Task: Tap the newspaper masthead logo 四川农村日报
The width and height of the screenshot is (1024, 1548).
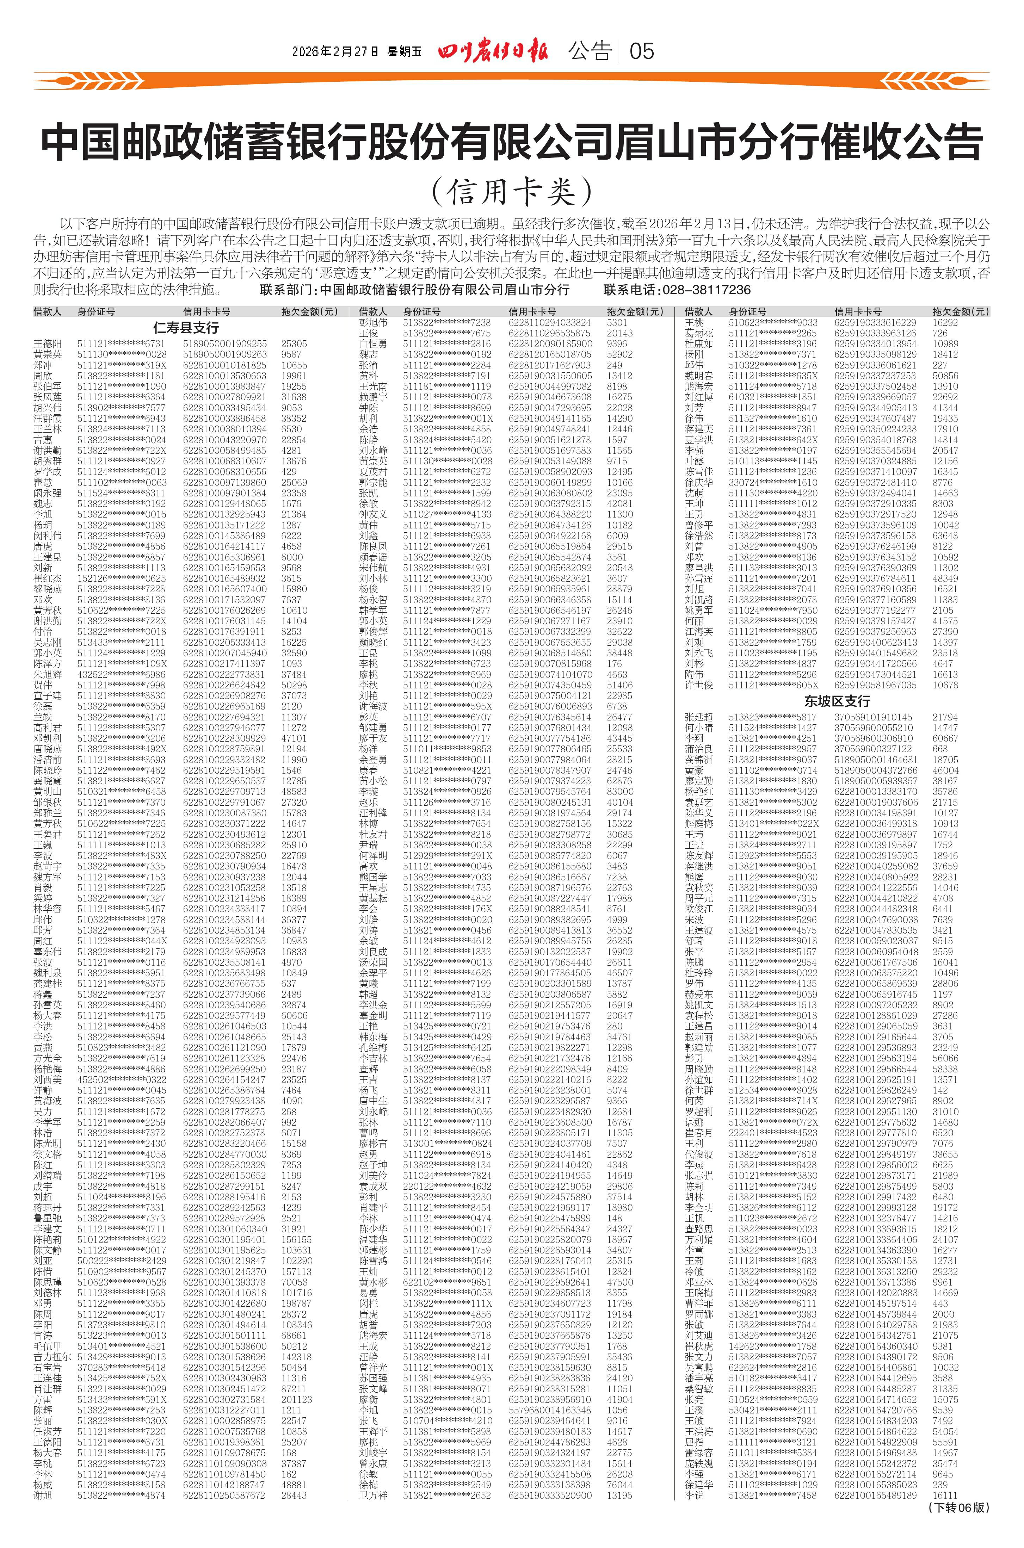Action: click(494, 51)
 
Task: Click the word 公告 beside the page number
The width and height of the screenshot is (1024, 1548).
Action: click(590, 51)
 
